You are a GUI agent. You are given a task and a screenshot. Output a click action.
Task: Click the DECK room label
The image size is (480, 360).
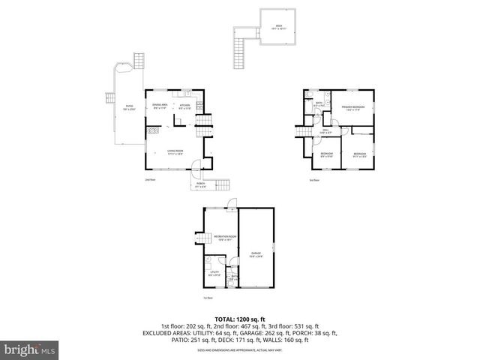279,27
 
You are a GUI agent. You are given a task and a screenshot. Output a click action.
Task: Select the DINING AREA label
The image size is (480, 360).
160,106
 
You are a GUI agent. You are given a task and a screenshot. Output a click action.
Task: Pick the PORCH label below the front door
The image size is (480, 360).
200,184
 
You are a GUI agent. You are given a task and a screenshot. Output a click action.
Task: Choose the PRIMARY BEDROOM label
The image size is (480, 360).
353,108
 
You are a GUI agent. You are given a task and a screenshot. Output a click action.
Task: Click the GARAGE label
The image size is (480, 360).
256,254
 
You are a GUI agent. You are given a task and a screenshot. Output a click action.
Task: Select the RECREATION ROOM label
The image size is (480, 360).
225,238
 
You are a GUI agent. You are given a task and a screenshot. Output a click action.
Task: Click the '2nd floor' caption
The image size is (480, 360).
150,180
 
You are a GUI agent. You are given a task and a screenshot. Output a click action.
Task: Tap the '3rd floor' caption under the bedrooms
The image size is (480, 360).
313,180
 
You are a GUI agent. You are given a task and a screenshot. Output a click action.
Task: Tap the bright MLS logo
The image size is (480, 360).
28,349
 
